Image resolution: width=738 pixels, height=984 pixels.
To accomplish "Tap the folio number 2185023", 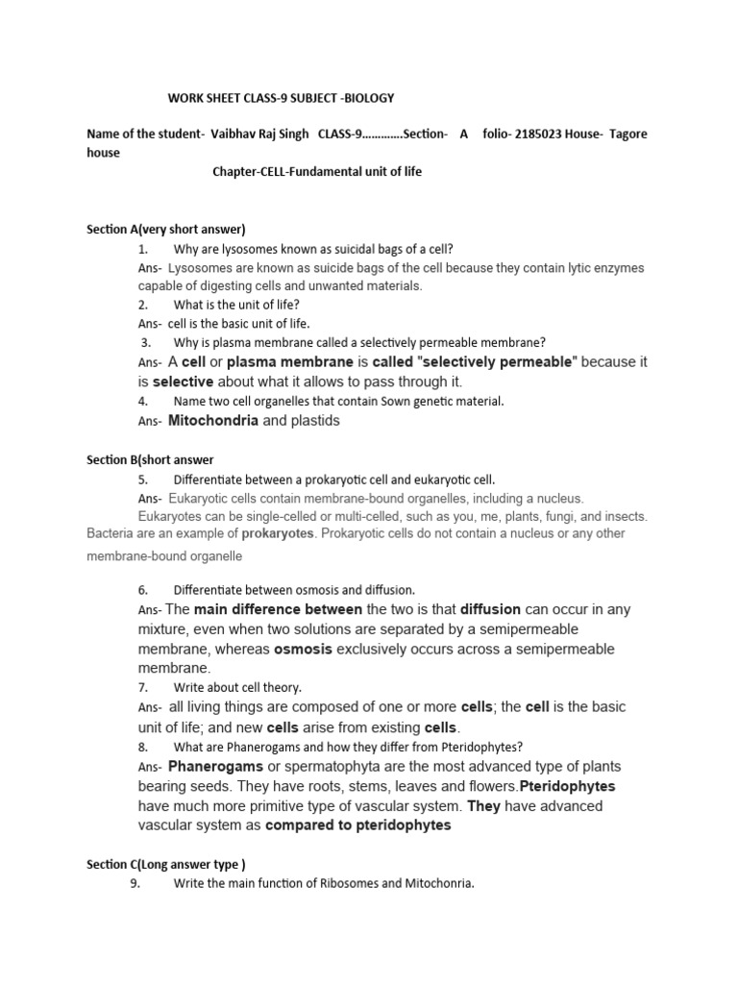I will [545, 135].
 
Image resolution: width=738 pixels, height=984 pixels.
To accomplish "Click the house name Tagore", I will [627, 135].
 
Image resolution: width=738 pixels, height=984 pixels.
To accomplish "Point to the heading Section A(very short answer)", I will [166, 229].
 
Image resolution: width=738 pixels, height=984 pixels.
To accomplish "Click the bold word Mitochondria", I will [212, 420].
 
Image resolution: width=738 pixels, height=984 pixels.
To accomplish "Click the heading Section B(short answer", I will [150, 459].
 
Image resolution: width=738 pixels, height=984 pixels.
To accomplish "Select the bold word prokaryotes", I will [278, 532].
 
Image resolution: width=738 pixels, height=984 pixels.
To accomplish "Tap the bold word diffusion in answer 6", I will [490, 609].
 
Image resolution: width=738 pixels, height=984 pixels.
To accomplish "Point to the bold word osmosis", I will [305, 649].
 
